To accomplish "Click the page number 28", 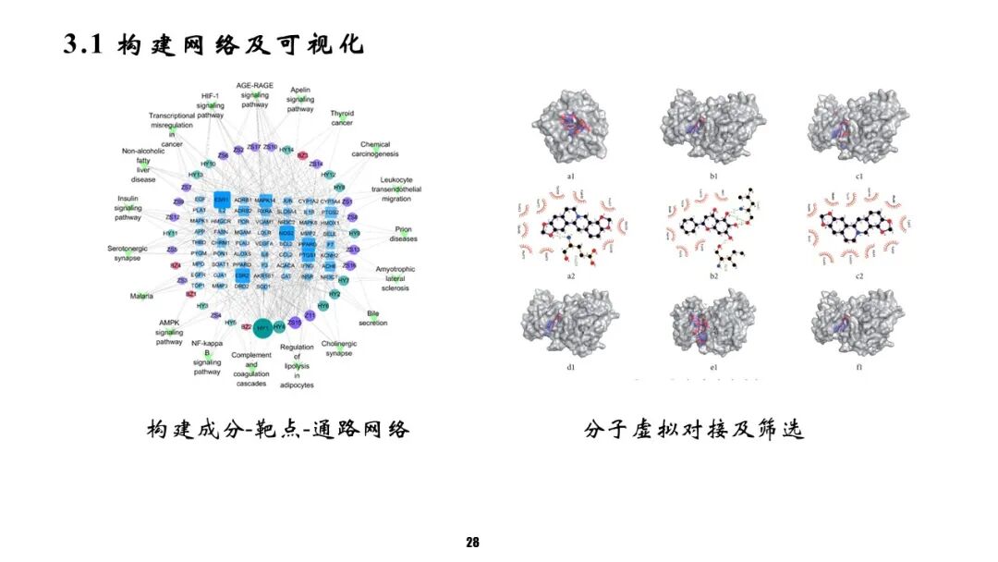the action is coord(473,543).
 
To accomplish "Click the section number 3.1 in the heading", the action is coord(87,43).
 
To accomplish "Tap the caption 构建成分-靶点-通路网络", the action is coord(277,430).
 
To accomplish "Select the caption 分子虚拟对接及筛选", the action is coord(693,430).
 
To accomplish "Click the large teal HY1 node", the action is coord(262,328).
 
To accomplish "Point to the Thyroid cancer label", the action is coord(342,117).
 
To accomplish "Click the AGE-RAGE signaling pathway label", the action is coord(255,94).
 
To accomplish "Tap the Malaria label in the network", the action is coord(141,297).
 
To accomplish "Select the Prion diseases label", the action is coord(403,233).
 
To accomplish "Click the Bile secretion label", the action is coord(373,318).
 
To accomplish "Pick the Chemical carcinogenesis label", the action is coord(375,150).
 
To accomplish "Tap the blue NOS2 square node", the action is coord(286,234).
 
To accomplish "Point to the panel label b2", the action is coord(713,275).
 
